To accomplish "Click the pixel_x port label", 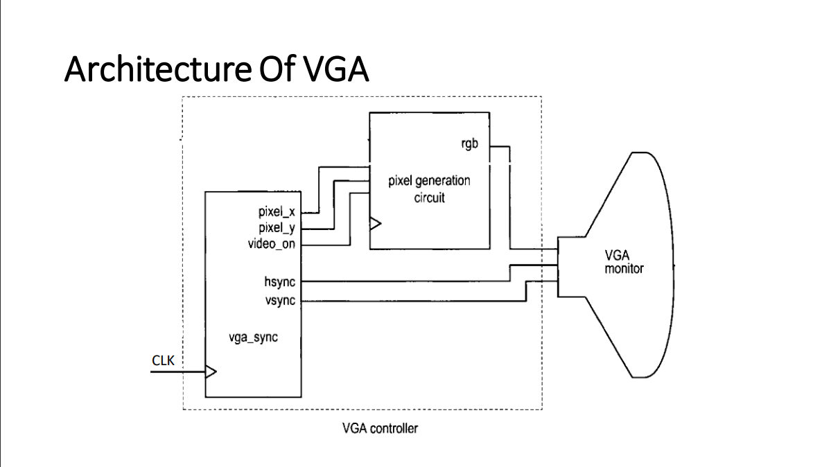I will coord(277,213).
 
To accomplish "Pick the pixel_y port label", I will coord(277,229).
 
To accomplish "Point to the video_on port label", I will coord(271,244).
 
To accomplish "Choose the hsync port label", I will coord(279,281).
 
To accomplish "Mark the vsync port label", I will coord(279,300).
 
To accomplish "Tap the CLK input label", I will coord(163,360).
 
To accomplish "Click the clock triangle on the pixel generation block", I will coord(375,224).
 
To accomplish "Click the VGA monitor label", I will coord(624,263).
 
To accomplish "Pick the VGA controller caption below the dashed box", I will coord(380,428).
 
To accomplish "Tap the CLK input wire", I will coord(177,372).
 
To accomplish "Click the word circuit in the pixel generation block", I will coord(429,197).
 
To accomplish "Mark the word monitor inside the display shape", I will coord(624,269).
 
